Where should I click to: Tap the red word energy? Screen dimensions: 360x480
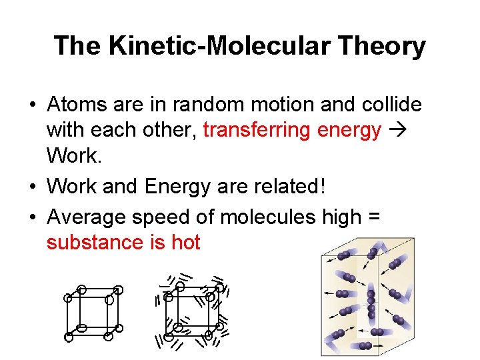pos(348,131)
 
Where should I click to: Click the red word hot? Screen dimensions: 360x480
pos(185,242)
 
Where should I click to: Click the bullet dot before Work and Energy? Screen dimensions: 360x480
pos(33,186)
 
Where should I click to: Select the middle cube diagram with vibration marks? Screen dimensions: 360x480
pos(194,312)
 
